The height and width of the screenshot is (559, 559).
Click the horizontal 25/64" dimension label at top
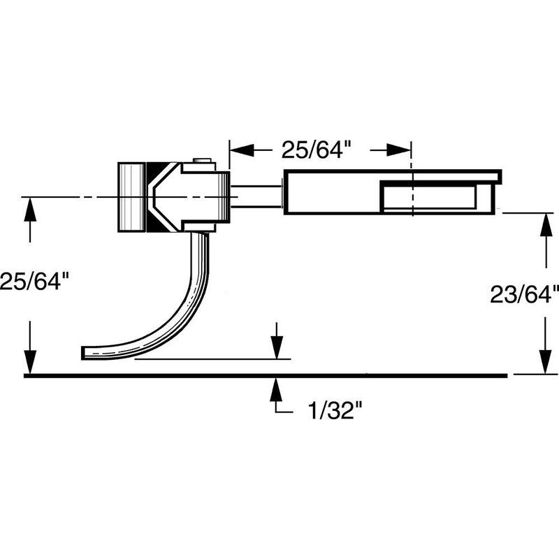[x=315, y=150]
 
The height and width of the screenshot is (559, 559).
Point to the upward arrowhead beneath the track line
[x=277, y=386]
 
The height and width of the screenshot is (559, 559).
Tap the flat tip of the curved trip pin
[x=86, y=352]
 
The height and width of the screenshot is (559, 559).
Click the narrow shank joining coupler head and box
[x=256, y=196]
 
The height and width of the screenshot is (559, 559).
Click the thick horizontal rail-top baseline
[x=266, y=376]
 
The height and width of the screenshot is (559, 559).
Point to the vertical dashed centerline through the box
[x=412, y=203]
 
